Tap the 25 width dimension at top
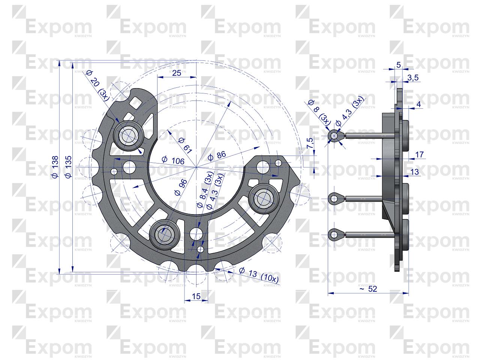(176, 73)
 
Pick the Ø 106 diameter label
(173, 160)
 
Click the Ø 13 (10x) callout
(259, 275)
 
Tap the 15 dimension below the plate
(196, 296)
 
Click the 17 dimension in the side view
(420, 154)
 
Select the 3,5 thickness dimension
(413, 78)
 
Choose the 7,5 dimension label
(310, 143)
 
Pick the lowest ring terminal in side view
(333, 235)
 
